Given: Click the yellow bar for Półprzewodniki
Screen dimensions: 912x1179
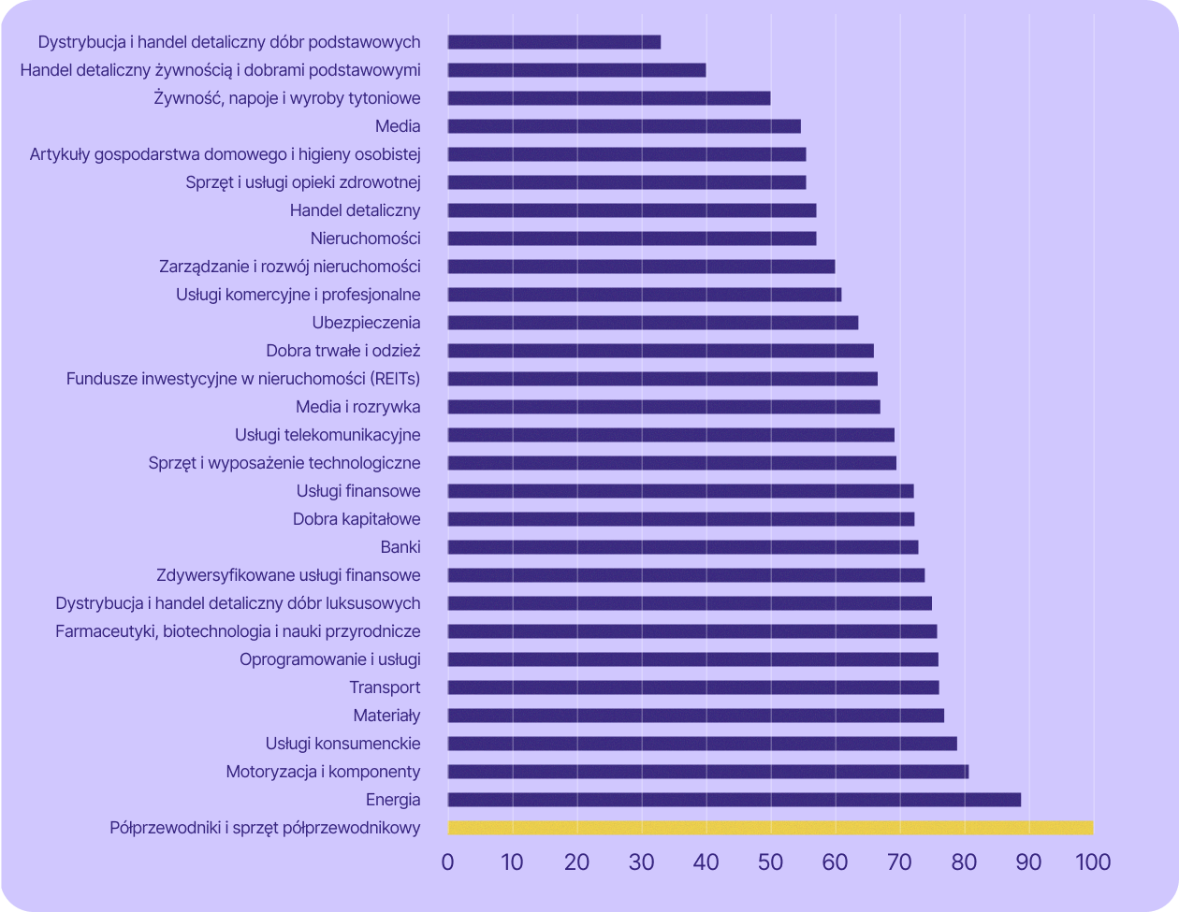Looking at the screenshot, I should [x=770, y=828].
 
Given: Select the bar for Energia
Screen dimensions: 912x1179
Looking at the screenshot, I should [x=734, y=800].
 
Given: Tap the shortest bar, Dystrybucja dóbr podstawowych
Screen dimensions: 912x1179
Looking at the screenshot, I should [x=554, y=42].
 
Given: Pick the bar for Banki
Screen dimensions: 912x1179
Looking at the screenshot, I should [x=682, y=547].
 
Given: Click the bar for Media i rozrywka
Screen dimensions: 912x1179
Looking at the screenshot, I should [x=663, y=407].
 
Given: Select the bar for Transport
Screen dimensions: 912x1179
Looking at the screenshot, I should [x=692, y=688].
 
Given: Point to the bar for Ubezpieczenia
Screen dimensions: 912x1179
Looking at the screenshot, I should [x=652, y=323].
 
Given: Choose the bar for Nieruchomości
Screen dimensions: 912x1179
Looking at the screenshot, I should [x=632, y=239].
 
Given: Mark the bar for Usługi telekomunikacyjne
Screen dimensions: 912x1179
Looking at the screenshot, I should [x=671, y=435].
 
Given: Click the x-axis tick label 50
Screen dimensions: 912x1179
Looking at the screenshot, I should [x=770, y=861].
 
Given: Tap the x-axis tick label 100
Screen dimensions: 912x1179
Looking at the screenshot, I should [x=1092, y=861].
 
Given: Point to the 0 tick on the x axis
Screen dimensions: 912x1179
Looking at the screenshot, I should [x=447, y=861].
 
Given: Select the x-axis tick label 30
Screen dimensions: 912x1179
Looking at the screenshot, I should [x=641, y=861].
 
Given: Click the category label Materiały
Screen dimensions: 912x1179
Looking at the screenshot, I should [x=386, y=716].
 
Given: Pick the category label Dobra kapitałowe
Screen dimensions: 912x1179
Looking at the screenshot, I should [x=357, y=519].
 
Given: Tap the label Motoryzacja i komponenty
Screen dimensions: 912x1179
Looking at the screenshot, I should [x=323, y=772].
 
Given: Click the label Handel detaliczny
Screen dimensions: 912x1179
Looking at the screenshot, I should [x=355, y=210].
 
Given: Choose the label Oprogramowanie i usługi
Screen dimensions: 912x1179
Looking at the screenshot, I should [x=329, y=659].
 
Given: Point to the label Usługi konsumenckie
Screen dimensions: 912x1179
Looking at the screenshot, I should [x=342, y=744].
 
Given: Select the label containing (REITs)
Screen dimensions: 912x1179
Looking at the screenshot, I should [x=243, y=379].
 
